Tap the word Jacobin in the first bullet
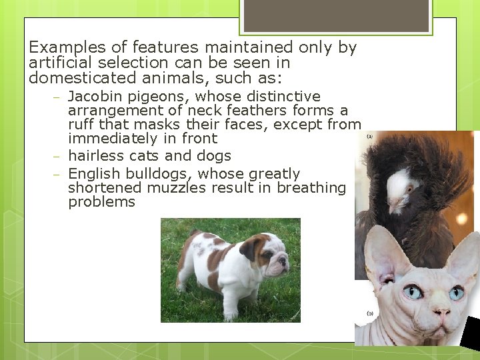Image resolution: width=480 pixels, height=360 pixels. coord(95,97)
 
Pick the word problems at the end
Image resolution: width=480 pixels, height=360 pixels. coord(101,202)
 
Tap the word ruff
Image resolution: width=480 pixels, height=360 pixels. coord(81,125)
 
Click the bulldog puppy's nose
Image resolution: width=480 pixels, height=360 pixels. coord(285,260)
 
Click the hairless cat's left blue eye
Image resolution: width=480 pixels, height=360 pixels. coord(413,291)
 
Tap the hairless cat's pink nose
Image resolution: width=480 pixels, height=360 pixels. coord(441,311)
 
